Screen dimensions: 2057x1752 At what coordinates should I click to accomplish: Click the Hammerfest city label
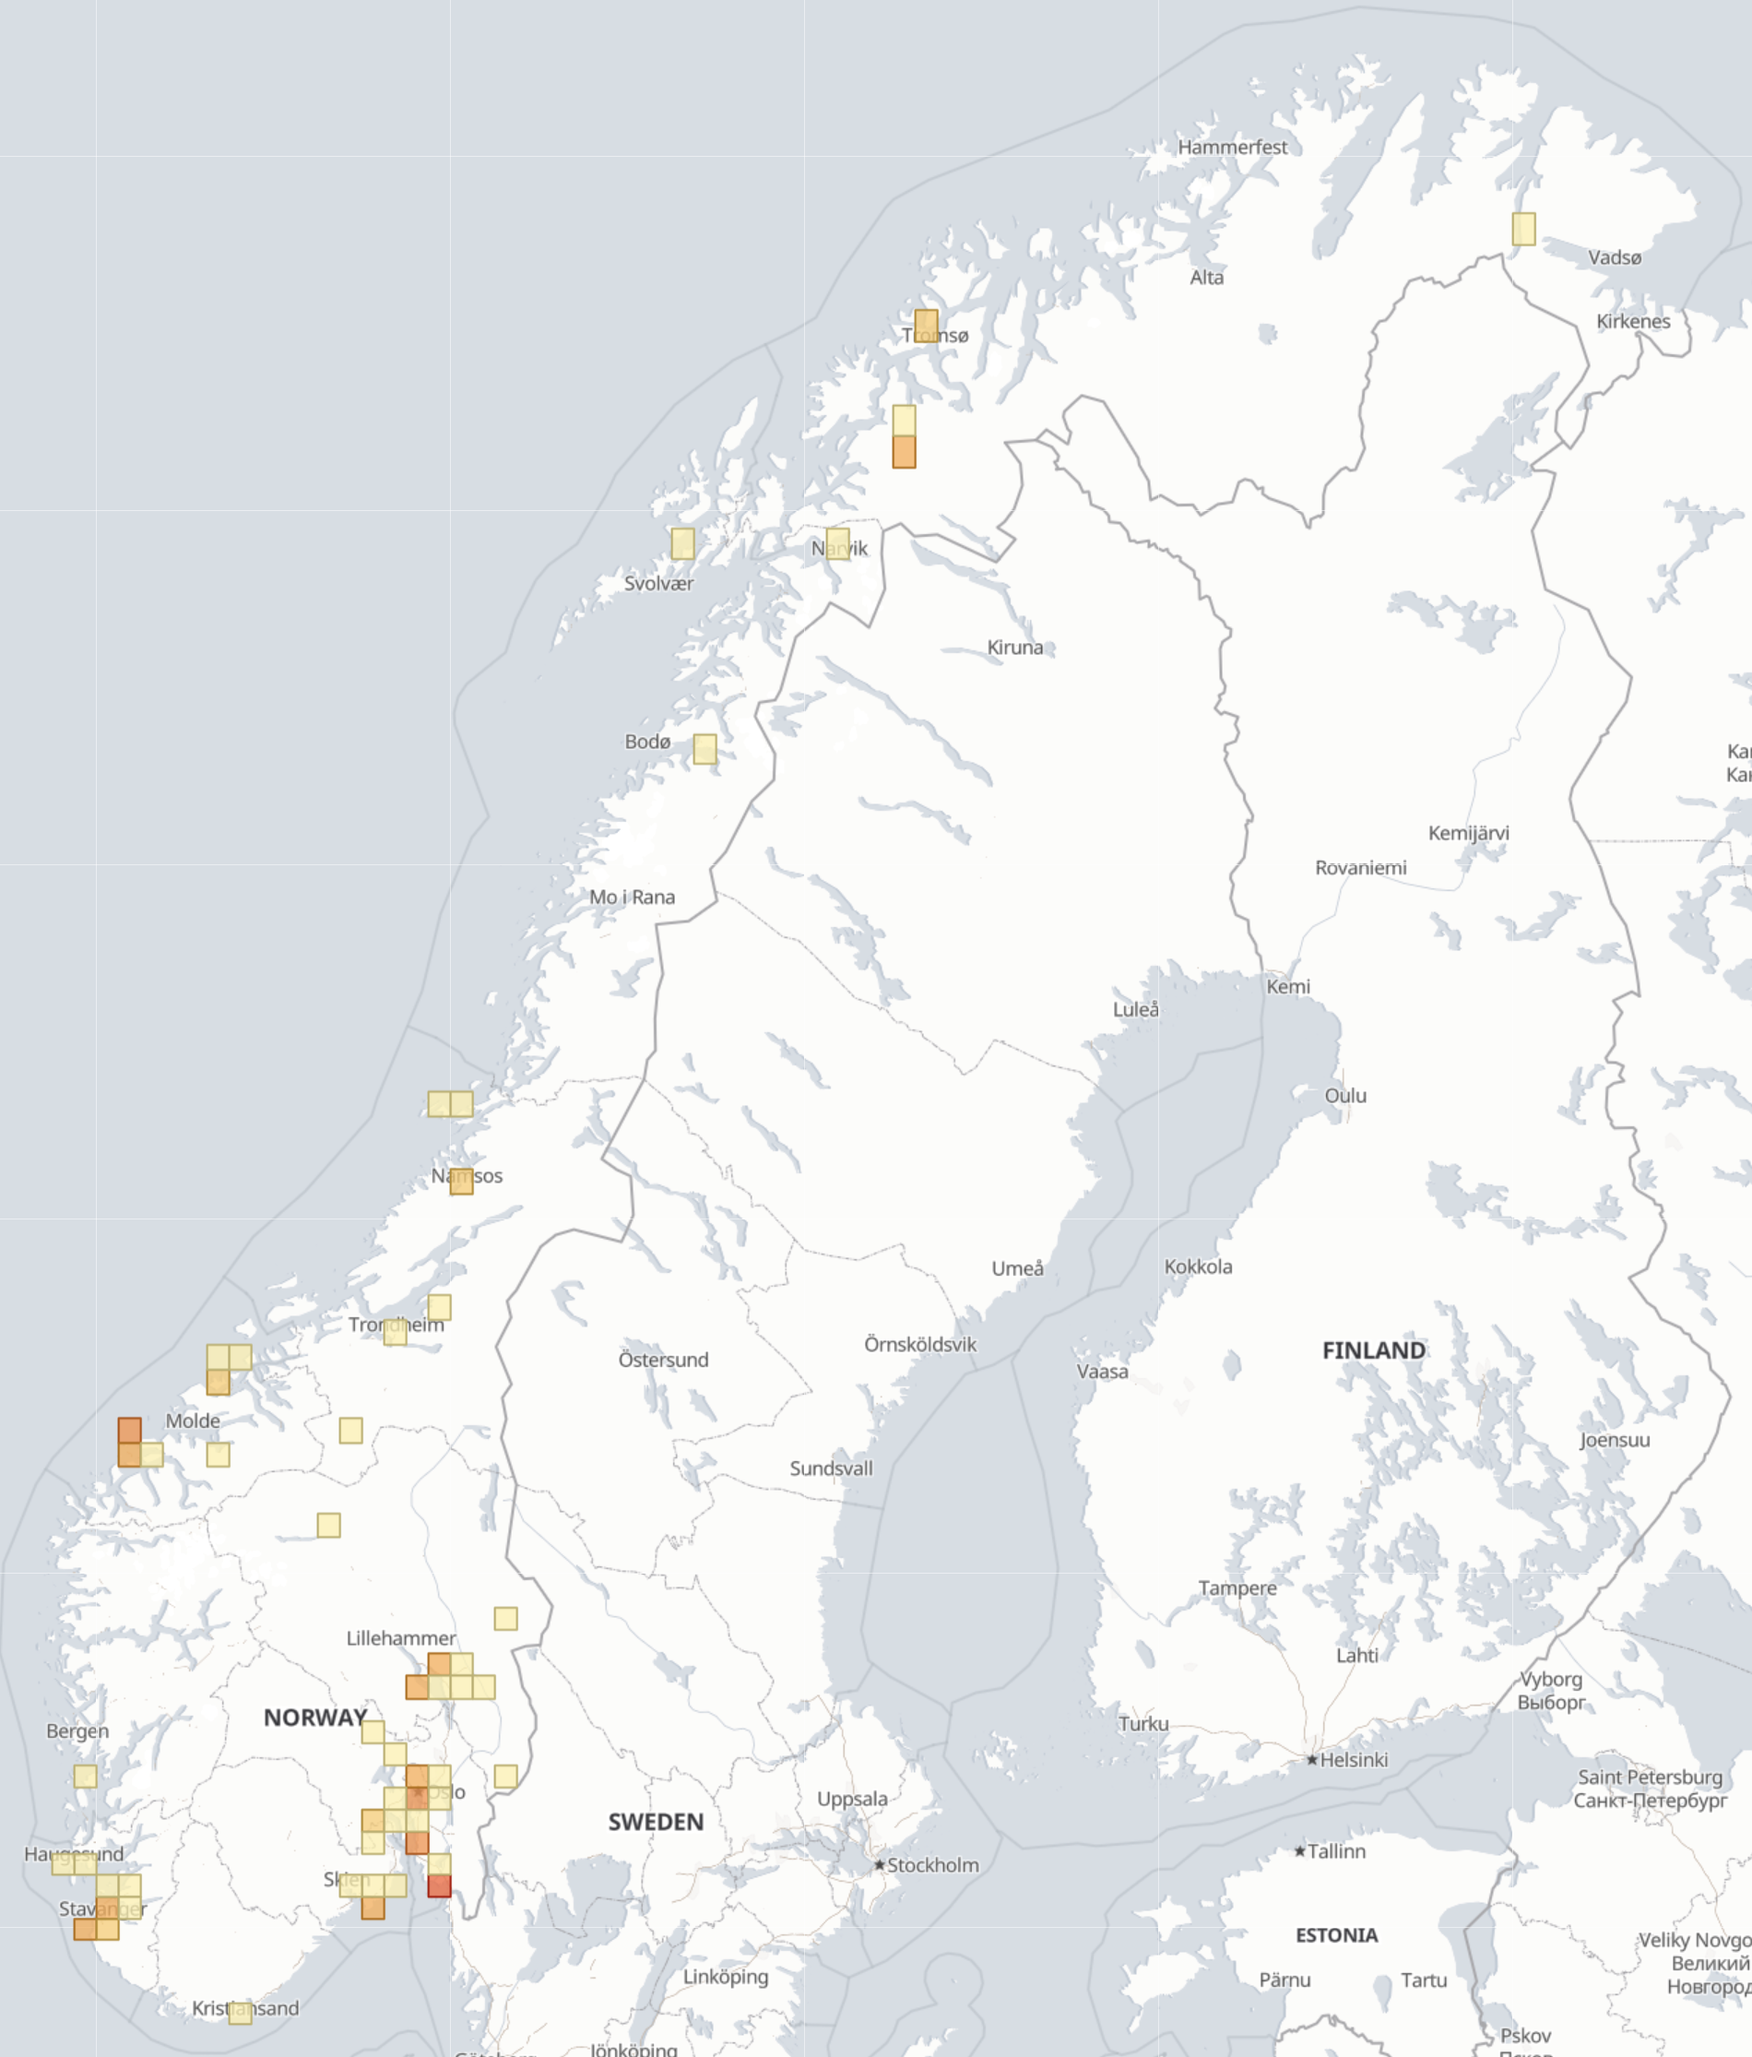pos(1232,147)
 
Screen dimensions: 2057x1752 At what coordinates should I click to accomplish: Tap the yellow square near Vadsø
pos(1522,229)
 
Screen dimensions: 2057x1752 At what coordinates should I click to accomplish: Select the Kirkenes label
pos(1633,321)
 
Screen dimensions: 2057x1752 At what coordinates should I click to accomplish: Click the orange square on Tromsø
pos(925,325)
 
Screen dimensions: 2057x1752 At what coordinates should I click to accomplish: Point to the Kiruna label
pos(1014,648)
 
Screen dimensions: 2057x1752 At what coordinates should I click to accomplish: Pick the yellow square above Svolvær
pos(682,543)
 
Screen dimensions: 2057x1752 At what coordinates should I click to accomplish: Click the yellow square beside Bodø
pos(704,748)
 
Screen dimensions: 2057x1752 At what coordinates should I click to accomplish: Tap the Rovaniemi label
pos(1360,868)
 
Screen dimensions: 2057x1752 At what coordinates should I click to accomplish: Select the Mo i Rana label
pos(632,897)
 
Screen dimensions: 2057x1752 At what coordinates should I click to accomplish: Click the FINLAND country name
pos(1373,1350)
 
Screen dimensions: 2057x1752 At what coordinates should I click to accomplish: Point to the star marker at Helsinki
pos(1311,1760)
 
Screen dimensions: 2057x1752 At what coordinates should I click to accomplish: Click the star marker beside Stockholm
pos(879,1865)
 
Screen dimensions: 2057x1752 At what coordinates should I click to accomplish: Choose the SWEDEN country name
pos(655,1822)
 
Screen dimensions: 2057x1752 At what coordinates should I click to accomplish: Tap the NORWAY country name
pos(314,1718)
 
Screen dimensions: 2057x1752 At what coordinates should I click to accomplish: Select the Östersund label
pos(663,1359)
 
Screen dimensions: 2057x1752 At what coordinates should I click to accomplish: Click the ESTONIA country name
pos(1336,1935)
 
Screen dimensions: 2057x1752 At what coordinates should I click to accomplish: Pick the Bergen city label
pos(77,1730)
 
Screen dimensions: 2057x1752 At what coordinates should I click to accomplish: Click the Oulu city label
pos(1345,1095)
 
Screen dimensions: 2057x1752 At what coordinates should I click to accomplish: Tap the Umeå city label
pos(1017,1267)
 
